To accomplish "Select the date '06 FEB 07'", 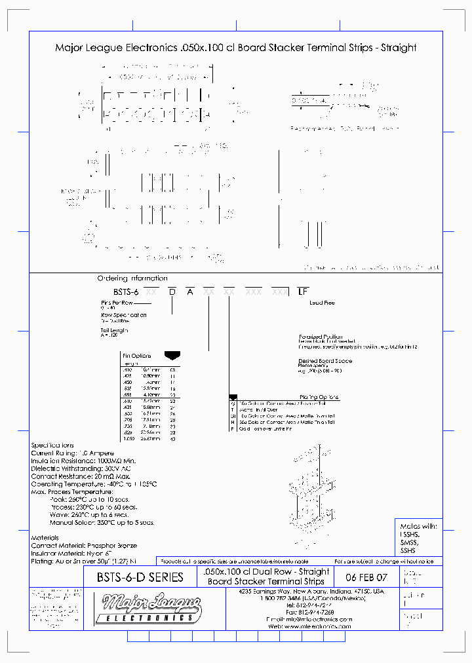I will pyautogui.click(x=366, y=577).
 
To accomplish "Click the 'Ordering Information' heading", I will pyautogui.click(x=132, y=278).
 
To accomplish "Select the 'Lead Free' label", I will pyautogui.click(x=321, y=303).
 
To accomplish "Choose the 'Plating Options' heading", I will pyautogui.click(x=319, y=397).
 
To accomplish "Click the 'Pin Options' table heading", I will pyautogui.click(x=136, y=356).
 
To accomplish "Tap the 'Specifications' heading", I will pyautogui.click(x=52, y=445).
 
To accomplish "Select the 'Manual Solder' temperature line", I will pyautogui.click(x=102, y=522).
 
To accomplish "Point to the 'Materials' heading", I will pyautogui.click(x=45, y=537).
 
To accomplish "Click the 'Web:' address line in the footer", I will pyautogui.click(x=310, y=626).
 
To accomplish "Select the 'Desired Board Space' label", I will pyautogui.click(x=325, y=361).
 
